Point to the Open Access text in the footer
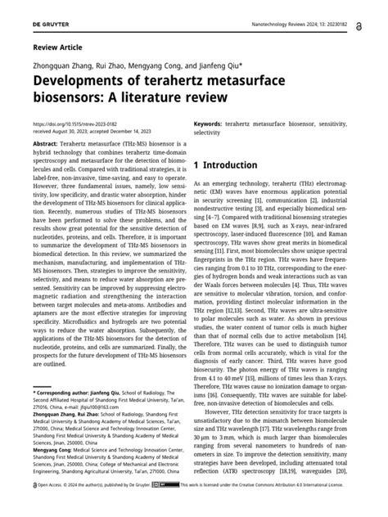click(51, 507)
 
